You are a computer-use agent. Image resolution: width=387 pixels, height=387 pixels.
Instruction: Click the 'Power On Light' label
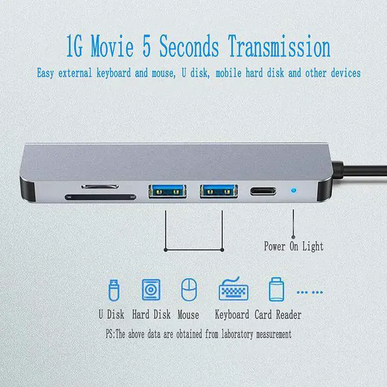click(293, 246)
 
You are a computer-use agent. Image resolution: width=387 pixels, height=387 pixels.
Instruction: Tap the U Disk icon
click(112, 290)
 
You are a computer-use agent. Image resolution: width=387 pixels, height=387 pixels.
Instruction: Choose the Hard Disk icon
click(151, 290)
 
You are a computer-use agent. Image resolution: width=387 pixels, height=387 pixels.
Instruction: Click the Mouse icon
click(189, 290)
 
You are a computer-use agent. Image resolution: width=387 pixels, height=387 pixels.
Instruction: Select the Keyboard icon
click(232, 290)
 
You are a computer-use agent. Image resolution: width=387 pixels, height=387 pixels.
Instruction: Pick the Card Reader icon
click(276, 290)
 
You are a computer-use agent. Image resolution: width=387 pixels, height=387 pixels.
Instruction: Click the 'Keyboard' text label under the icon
click(232, 315)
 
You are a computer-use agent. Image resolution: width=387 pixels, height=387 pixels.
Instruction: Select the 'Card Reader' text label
click(278, 315)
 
